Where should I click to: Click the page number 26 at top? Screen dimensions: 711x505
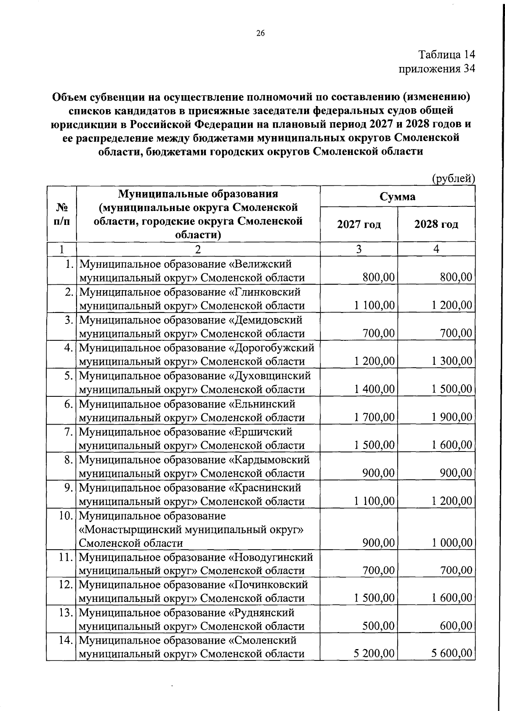[260, 34]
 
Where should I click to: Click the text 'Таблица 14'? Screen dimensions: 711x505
[447, 55]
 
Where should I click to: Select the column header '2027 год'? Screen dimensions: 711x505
[359, 225]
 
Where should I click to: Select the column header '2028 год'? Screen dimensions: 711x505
[436, 225]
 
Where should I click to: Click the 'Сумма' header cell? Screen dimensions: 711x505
[397, 197]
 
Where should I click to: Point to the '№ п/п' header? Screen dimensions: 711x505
[61, 214]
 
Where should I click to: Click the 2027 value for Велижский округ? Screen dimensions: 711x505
[378, 277]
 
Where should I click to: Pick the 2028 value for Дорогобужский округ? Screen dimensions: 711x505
[452, 361]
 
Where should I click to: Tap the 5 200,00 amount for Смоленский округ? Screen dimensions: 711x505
[374, 653]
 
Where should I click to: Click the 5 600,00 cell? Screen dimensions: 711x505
[452, 653]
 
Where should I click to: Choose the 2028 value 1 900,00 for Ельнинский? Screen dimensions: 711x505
[452, 417]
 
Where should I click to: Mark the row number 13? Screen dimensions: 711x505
[66, 612]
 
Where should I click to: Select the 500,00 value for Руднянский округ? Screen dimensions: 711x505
[378, 626]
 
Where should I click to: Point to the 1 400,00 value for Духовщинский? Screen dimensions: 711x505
[374, 389]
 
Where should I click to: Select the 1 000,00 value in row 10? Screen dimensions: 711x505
[452, 543]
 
